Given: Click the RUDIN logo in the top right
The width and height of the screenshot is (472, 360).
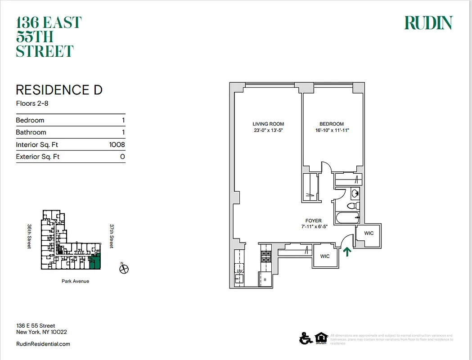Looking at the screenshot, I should [x=428, y=23].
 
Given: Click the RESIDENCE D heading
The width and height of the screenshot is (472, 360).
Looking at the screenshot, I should [x=59, y=90].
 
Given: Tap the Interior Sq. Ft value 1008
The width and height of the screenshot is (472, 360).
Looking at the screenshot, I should [x=117, y=145].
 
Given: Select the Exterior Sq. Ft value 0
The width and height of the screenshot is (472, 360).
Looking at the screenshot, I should [x=122, y=157].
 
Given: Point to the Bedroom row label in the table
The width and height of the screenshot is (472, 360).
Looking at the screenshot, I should [x=30, y=120].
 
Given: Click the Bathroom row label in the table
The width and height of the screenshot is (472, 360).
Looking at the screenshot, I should [x=31, y=132].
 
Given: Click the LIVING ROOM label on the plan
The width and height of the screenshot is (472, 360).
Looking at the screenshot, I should [x=268, y=124].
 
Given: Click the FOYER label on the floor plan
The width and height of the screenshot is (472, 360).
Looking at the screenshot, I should [x=313, y=221].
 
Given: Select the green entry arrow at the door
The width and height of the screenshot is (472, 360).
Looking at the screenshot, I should [x=347, y=251].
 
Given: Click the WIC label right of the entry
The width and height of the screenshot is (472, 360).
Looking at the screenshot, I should [x=369, y=234].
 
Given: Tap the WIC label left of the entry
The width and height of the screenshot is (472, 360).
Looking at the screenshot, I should [x=325, y=256].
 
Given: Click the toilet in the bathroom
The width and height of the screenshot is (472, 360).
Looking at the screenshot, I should [x=352, y=206].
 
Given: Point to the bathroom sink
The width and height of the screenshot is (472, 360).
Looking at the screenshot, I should [x=355, y=194].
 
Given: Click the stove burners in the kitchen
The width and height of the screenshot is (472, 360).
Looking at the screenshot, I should [x=265, y=256].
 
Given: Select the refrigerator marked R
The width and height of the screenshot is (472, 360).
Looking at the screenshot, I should [x=265, y=279].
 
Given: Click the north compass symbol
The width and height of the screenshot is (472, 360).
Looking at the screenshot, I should [x=124, y=269].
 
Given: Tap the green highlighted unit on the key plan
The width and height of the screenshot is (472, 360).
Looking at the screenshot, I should [x=95, y=262].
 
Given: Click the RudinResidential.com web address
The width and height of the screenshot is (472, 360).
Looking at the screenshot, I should [x=43, y=344].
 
